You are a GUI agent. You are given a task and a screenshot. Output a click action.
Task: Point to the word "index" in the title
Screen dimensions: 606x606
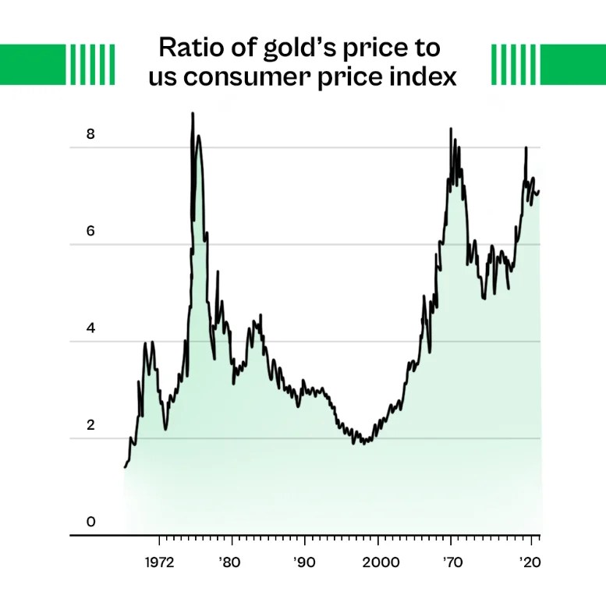tap(423, 78)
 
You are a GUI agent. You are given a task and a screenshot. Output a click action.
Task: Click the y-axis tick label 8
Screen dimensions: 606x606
tap(90, 133)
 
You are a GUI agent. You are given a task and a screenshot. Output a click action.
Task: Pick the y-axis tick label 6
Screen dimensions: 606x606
tap(90, 231)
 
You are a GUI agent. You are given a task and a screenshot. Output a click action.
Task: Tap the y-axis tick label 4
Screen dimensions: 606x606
tap(90, 328)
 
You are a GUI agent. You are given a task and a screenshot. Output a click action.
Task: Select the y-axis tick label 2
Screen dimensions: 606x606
tap(90, 425)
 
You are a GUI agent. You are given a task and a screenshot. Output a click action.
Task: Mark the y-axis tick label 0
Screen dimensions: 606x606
tap(90, 522)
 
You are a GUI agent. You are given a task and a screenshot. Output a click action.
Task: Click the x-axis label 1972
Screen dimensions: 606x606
tap(159, 562)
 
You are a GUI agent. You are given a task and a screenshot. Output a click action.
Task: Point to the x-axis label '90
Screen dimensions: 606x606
tap(304, 562)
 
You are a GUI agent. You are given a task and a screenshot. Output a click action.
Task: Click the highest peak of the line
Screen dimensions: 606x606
tap(193, 114)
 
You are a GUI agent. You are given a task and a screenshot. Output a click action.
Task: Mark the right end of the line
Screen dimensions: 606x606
tap(539, 191)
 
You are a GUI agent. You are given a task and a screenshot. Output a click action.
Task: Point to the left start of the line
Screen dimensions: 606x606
tap(125, 467)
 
